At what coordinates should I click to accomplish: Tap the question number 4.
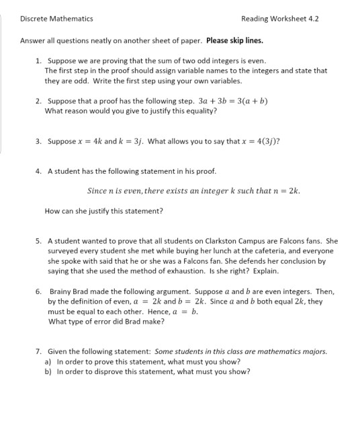pos(38,171)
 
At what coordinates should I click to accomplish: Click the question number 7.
pos(38,351)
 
